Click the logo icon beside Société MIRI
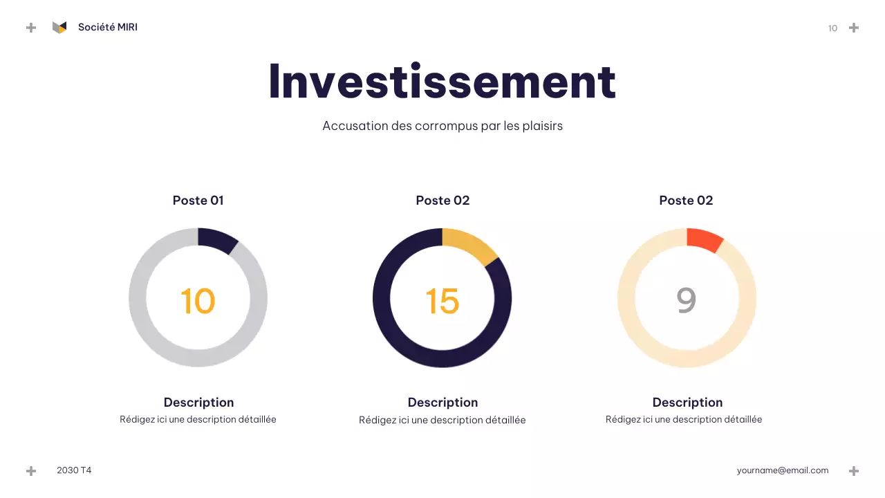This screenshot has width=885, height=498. (x=59, y=27)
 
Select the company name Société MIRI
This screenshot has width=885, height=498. (x=107, y=27)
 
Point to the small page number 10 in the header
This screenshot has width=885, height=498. (x=832, y=28)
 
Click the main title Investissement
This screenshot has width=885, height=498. (x=442, y=81)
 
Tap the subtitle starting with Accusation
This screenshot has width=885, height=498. (x=442, y=126)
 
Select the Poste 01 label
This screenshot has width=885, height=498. (x=198, y=201)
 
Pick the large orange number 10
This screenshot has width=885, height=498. (x=198, y=301)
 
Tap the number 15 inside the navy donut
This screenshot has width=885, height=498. (x=442, y=301)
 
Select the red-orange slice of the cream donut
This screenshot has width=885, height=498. (x=704, y=239)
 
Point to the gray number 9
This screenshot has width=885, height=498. (x=686, y=300)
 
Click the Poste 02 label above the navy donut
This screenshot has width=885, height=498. (x=442, y=201)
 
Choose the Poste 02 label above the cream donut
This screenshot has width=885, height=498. (x=686, y=201)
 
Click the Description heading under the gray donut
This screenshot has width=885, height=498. (x=198, y=403)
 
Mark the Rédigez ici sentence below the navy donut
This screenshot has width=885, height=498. (x=442, y=420)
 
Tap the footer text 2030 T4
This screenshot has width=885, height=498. (x=74, y=470)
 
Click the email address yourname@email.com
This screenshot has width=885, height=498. (x=782, y=470)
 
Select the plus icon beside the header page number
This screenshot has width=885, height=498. (x=854, y=28)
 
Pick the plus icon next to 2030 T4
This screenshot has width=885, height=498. (x=31, y=471)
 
